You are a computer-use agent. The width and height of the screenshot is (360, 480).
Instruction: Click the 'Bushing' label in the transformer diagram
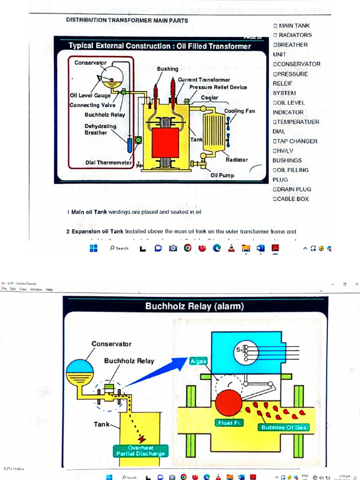[x=167, y=69]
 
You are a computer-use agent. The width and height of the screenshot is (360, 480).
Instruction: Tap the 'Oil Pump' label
[x=222, y=175]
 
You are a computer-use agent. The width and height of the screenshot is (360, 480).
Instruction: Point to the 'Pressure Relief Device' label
[x=218, y=87]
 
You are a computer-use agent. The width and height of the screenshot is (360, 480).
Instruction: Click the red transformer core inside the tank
[x=165, y=142]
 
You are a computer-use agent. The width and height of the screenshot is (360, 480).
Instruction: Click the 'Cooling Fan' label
[x=239, y=111]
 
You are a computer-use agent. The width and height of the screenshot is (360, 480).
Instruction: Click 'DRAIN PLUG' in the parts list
[x=294, y=189]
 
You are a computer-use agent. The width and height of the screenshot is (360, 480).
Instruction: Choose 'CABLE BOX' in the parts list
[x=293, y=199]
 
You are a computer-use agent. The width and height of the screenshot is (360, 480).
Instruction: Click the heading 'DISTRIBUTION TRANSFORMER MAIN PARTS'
[x=127, y=21]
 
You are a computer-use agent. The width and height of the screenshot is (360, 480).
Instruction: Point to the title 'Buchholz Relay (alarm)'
[x=195, y=307]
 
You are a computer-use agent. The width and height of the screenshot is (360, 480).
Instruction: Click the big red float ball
[x=229, y=403]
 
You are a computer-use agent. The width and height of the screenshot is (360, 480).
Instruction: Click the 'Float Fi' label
[x=229, y=422]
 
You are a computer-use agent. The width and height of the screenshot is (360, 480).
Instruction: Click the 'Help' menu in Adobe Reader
[x=49, y=290]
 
